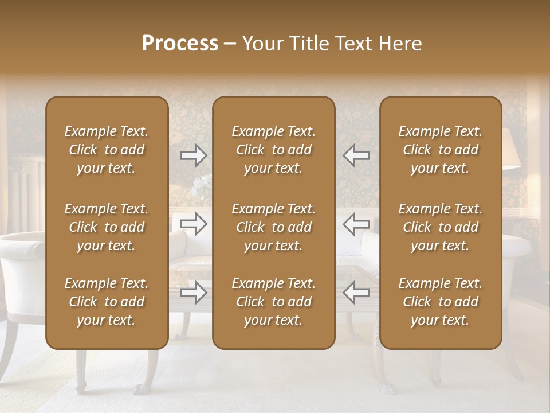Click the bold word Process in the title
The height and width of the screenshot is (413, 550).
coord(180,44)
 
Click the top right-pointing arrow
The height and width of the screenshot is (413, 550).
coord(193,155)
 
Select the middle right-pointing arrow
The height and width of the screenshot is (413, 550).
coord(193,224)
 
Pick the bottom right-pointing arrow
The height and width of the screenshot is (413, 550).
coord(193,293)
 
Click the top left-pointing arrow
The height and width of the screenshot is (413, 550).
coord(356,155)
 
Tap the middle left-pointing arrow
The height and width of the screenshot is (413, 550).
coord(356,224)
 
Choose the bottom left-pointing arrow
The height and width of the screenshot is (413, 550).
coord(356,293)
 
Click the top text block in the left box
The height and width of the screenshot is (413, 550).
coord(107,150)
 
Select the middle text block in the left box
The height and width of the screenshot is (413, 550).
coord(107,227)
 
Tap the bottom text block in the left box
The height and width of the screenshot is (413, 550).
coord(107,302)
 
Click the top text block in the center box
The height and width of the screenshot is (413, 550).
coord(273,150)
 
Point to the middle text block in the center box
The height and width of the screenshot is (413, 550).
coord(273,227)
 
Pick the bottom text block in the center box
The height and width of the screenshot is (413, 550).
coord(273,302)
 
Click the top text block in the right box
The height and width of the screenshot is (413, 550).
coord(440,150)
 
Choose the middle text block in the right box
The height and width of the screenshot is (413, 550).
coord(440,227)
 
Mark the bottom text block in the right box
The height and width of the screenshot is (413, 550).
coord(440,302)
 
